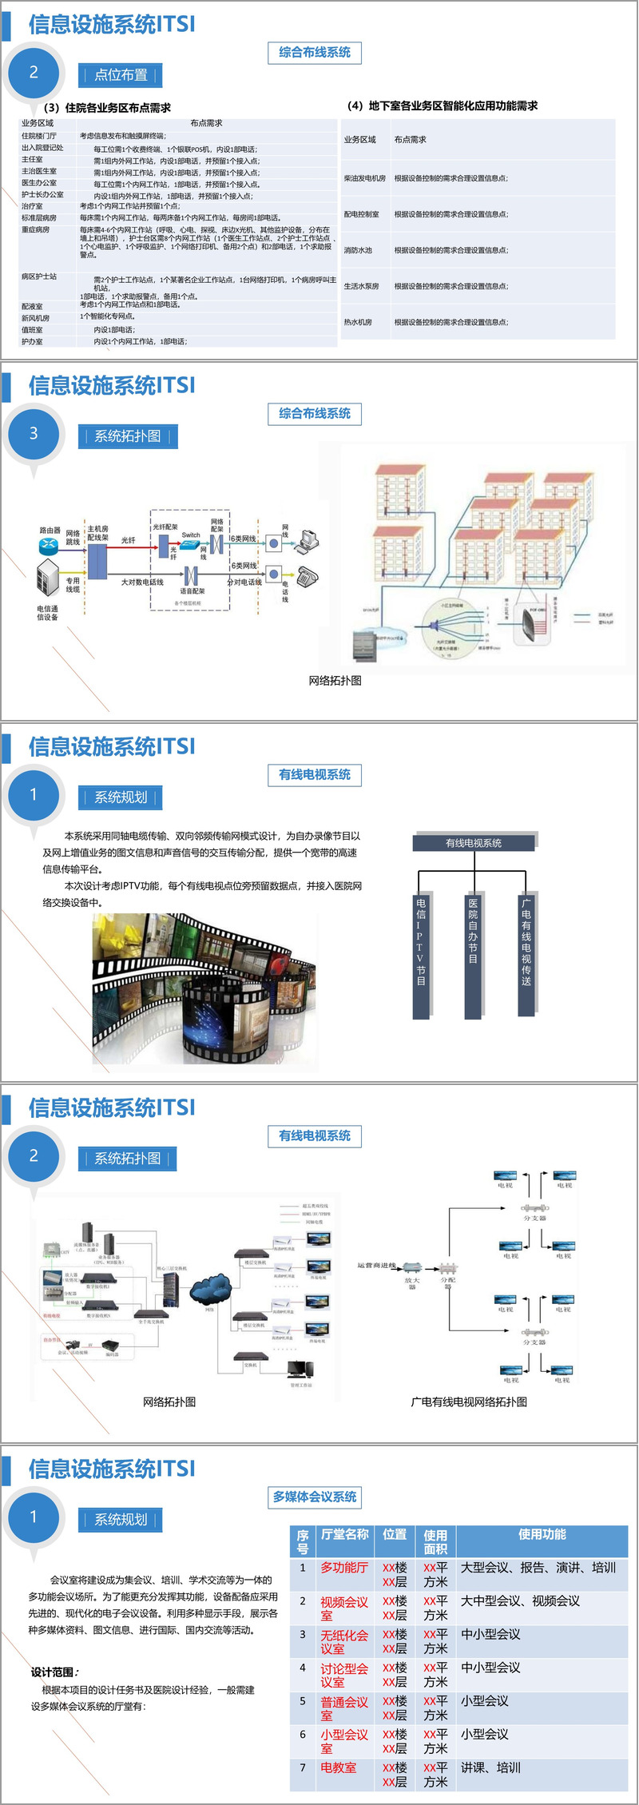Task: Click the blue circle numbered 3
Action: pos(34,434)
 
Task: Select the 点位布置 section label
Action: pos(121,75)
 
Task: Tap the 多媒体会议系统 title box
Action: pos(315,1497)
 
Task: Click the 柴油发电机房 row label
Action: pos(365,178)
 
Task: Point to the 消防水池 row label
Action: pos(358,250)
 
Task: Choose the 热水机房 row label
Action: pos(358,322)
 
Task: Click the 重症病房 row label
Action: pos(36,230)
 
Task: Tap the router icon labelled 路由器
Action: pos(50,545)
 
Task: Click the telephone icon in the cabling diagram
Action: pos(308,575)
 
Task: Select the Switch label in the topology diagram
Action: pos(191,535)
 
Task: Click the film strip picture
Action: pos(204,988)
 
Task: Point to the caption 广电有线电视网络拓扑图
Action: pos(469,1401)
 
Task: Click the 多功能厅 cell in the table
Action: pos(344,1568)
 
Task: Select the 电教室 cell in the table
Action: pos(339,1767)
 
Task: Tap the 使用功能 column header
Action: pos(542,1534)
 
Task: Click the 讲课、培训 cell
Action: pos(490,1767)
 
